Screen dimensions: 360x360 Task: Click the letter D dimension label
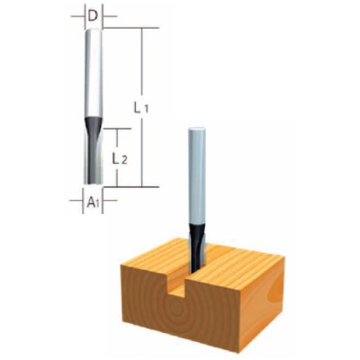[93, 13]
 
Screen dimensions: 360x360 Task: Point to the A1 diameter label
[93, 202]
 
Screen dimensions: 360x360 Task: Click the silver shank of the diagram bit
[93, 72]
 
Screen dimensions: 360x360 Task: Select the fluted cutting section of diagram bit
[93, 157]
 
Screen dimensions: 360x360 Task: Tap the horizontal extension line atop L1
[126, 27]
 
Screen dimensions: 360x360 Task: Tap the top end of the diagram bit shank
[93, 30]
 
